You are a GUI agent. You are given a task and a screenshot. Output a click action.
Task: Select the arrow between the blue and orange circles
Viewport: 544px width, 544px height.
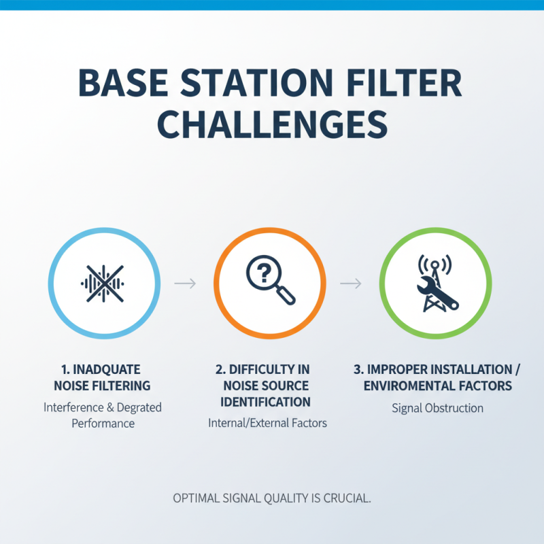[x=185, y=282]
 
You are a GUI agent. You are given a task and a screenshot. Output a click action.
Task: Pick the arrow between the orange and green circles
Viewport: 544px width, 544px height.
[x=350, y=282]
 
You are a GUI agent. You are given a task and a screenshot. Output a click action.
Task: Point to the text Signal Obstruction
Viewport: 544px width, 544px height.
[x=437, y=408]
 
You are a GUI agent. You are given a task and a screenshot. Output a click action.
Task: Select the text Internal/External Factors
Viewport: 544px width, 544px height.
[x=267, y=423]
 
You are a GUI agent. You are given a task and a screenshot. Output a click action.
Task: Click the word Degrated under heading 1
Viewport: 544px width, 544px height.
[x=137, y=407]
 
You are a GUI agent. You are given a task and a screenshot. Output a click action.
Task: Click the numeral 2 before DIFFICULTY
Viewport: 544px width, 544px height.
[x=220, y=369]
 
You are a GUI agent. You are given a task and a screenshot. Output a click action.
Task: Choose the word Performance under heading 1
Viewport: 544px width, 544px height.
[x=103, y=423]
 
